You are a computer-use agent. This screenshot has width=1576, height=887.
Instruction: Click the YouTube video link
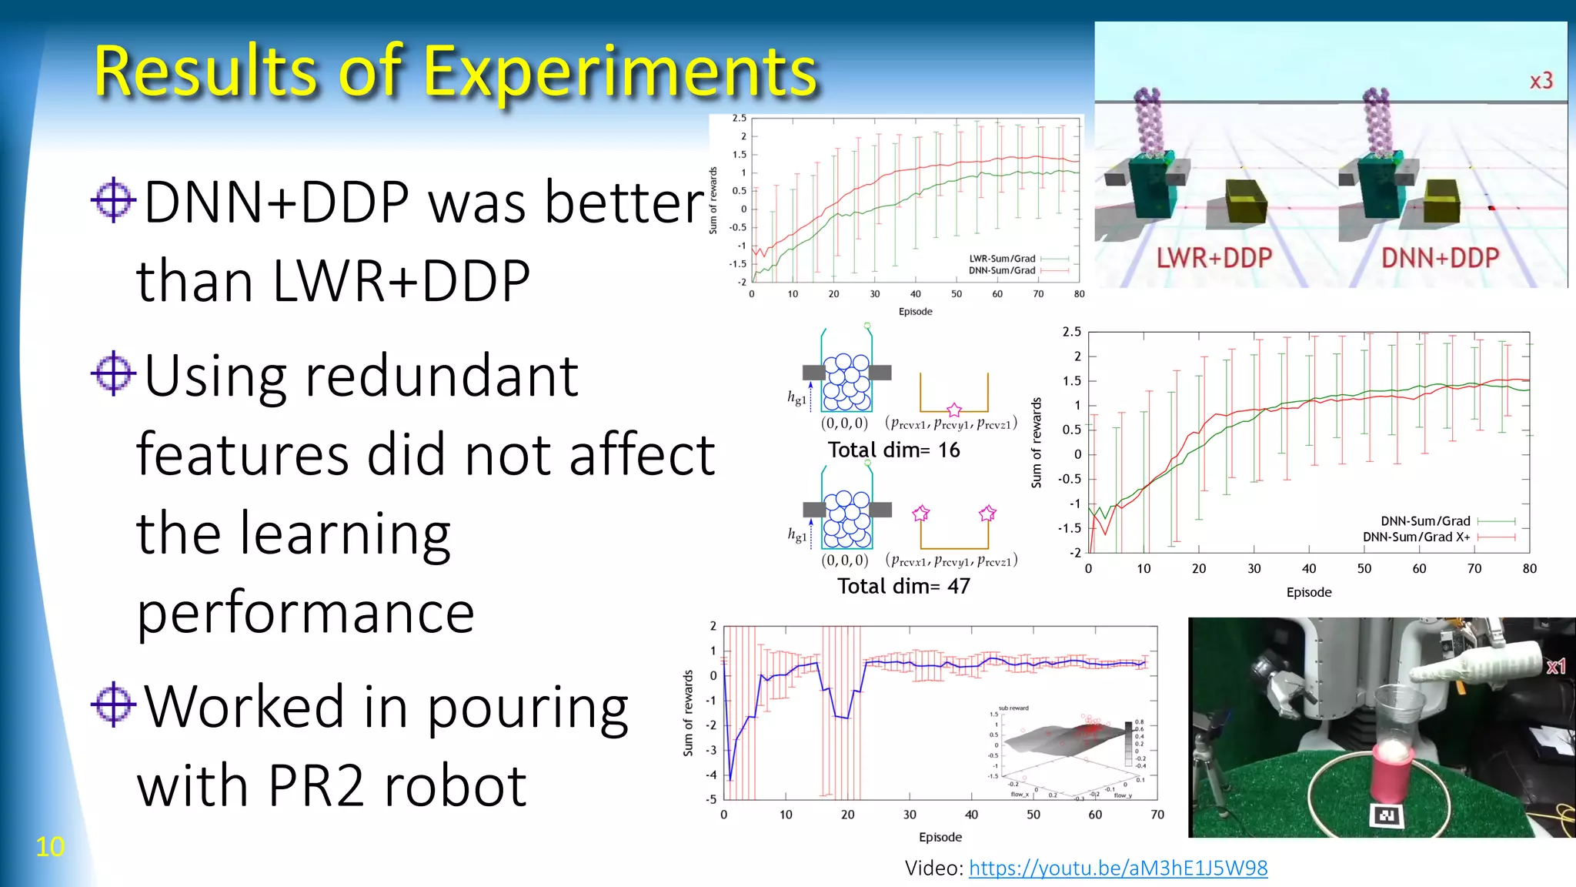point(1117,868)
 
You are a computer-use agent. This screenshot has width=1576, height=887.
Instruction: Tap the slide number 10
point(50,847)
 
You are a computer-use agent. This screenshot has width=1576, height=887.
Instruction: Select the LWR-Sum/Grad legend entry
point(1002,259)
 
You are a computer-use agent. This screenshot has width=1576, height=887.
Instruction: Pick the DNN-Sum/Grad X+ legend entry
point(1416,537)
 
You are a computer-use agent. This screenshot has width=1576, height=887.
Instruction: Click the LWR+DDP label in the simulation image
point(1214,258)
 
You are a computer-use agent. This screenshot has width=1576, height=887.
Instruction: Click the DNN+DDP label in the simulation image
point(1440,258)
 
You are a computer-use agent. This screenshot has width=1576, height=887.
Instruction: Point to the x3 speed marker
point(1541,81)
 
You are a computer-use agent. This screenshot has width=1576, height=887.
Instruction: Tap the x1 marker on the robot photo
point(1556,667)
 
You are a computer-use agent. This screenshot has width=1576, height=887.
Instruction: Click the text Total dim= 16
point(893,450)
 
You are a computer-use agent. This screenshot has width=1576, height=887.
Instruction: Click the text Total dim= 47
point(903,586)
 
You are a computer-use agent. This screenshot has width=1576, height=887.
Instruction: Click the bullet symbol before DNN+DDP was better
point(113,200)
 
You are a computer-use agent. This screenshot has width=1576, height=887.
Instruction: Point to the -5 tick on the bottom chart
point(712,799)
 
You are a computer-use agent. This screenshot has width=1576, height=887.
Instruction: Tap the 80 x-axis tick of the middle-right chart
point(1529,569)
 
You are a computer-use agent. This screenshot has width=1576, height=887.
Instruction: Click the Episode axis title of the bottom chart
point(940,837)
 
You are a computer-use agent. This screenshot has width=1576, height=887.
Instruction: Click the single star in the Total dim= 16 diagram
point(954,410)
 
